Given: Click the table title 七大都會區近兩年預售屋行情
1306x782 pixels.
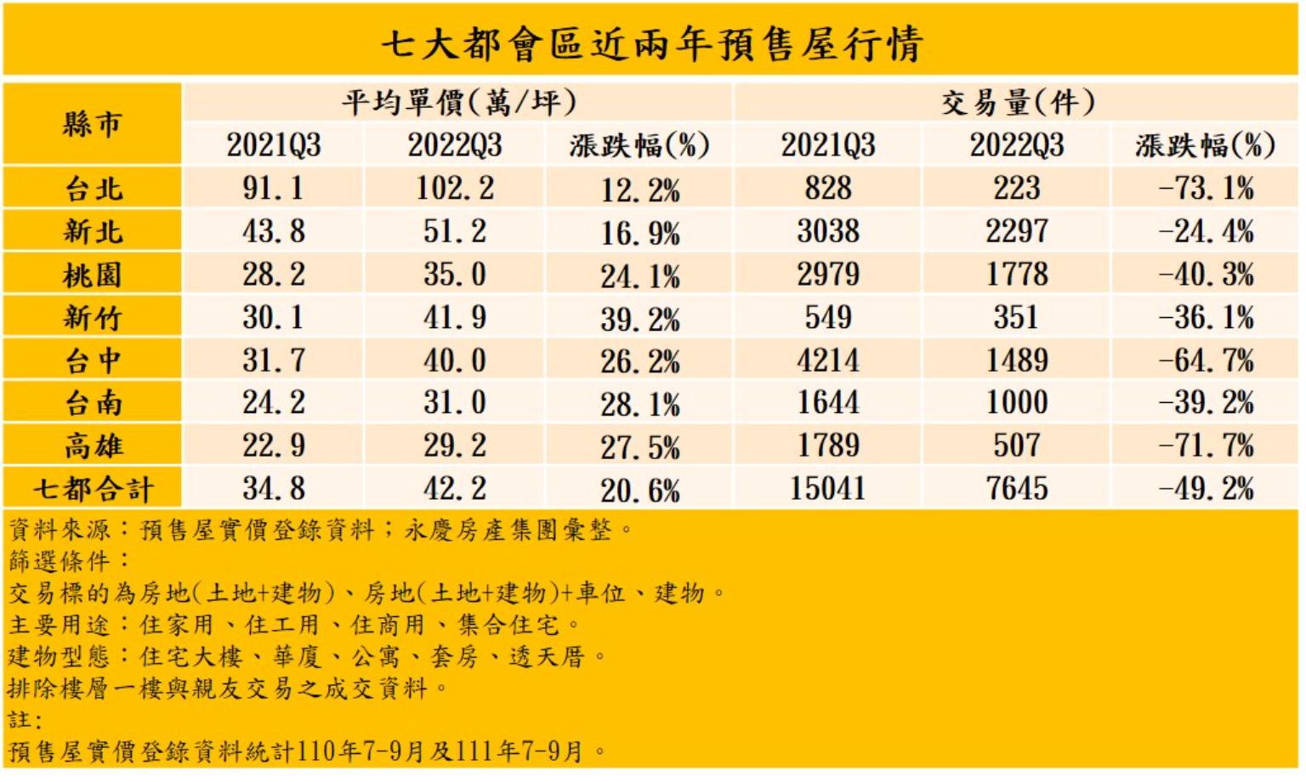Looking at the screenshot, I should pyautogui.click(x=651, y=43).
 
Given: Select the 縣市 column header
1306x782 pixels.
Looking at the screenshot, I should pyautogui.click(x=92, y=124).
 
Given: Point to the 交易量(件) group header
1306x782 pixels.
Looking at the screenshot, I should pyautogui.click(x=1017, y=103).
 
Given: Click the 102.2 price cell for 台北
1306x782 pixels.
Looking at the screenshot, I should pyautogui.click(x=455, y=189).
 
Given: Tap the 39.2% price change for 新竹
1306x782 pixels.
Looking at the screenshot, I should pyautogui.click(x=639, y=320).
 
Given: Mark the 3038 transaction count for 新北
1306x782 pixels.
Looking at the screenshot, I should pyautogui.click(x=828, y=231).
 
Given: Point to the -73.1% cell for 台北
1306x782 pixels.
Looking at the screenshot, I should pyautogui.click(x=1206, y=189).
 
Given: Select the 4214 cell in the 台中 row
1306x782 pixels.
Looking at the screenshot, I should pyautogui.click(x=828, y=360).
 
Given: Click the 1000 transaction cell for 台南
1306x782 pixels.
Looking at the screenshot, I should pyautogui.click(x=1017, y=403).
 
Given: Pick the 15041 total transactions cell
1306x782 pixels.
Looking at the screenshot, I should pyautogui.click(x=828, y=489).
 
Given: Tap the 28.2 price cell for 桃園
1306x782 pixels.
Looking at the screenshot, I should pyautogui.click(x=273, y=275).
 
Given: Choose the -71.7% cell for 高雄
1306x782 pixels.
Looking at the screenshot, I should pyautogui.click(x=1206, y=445).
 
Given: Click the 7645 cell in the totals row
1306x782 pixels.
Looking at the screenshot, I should pyautogui.click(x=1017, y=489).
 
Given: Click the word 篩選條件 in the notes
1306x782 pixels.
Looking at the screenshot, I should pyautogui.click(x=60, y=561).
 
